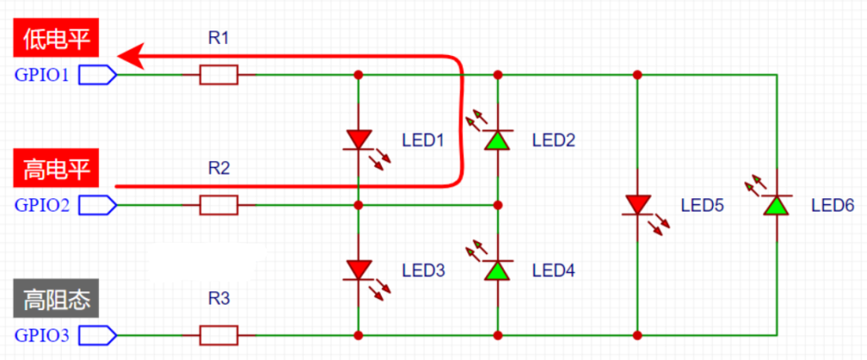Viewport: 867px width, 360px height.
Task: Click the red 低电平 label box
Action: pos(56,38)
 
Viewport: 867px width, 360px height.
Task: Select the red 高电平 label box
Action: pos(56,168)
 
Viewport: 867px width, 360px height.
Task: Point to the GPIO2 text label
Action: pos(42,205)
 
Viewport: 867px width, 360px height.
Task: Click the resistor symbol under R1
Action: pos(218,75)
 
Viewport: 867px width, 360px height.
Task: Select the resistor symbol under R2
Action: pos(218,205)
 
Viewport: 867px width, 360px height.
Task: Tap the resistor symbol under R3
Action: pos(218,335)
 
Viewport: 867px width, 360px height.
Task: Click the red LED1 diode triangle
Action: pos(358,139)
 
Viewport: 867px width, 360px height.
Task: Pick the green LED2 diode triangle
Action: pos(498,140)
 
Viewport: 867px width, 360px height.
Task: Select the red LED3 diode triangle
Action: pos(358,270)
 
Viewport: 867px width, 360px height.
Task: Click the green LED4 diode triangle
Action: pos(498,270)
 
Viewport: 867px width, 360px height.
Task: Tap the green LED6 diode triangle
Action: pos(776,205)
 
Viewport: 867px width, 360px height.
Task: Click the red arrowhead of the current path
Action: pos(131,56)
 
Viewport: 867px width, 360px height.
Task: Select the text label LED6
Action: pos(833,205)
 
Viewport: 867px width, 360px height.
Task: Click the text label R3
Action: pos(218,299)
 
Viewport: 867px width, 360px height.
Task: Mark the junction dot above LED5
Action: pos(637,75)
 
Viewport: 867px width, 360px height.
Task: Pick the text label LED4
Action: pos(554,270)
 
